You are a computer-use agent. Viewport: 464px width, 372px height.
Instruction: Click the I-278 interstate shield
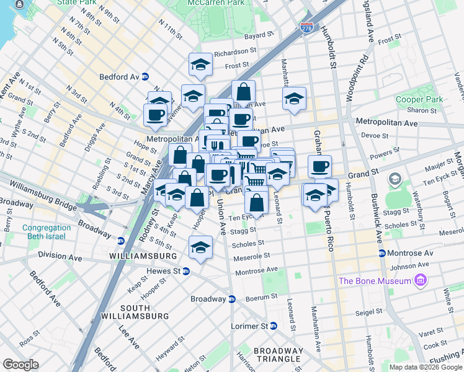(x=306, y=28)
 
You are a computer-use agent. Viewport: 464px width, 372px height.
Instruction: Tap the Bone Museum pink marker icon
(x=421, y=281)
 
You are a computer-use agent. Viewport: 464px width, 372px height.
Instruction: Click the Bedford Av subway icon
(x=145, y=77)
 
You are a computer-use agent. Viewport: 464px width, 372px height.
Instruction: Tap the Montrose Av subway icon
(x=382, y=254)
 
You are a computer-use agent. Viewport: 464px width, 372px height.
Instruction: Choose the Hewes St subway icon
(x=185, y=271)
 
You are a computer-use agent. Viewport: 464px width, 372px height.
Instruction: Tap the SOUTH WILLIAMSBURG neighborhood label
(x=145, y=312)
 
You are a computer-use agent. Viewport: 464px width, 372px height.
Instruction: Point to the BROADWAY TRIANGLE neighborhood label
(x=279, y=355)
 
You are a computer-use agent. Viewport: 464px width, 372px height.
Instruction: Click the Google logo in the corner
(x=20, y=365)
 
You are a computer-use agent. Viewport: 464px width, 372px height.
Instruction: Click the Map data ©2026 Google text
(x=426, y=367)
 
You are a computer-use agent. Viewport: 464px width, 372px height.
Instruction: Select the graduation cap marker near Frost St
(x=200, y=64)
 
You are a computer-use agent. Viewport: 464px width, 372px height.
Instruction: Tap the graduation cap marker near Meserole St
(x=200, y=247)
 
